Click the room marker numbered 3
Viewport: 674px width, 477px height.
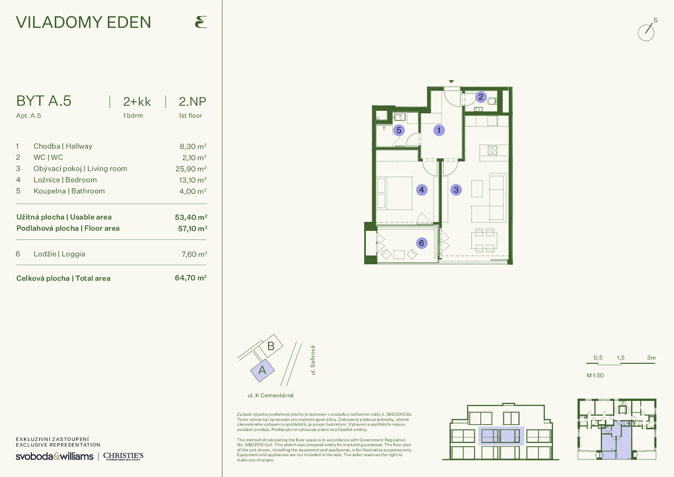[456, 190]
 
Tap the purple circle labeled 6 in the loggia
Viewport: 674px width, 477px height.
[422, 243]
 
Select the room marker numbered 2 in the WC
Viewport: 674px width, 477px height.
[481, 97]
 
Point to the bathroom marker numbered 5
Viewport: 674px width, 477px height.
[399, 130]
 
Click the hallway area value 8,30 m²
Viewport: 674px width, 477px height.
[193, 147]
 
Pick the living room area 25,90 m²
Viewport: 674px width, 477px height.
[191, 169]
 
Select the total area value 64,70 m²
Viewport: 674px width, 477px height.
[191, 278]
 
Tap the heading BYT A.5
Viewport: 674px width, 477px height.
[44, 101]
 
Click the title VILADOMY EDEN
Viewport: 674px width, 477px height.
[83, 22]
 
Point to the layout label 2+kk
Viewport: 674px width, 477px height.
[137, 102]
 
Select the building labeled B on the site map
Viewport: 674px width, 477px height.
[271, 346]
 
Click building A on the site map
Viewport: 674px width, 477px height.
[263, 371]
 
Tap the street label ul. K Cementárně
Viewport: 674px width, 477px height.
[271, 395]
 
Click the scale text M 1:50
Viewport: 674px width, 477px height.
[595, 375]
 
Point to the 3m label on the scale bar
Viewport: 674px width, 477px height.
[651, 358]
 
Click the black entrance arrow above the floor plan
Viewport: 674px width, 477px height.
[451, 82]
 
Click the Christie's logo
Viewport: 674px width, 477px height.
[123, 456]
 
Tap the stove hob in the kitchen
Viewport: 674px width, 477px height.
[492, 150]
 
